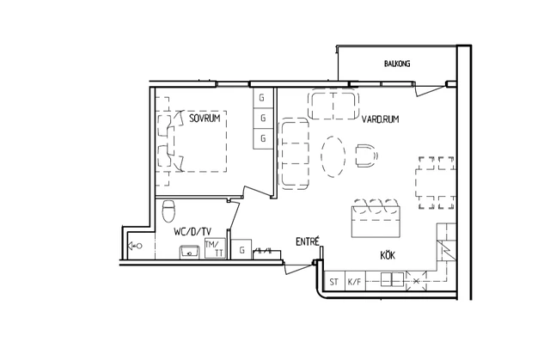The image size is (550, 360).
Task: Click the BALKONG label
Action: point(397,64)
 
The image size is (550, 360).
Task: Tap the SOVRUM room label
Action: point(205,118)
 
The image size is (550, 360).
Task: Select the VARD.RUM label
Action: point(380,119)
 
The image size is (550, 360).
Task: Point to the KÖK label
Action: point(388,255)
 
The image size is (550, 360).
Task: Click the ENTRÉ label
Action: point(308,241)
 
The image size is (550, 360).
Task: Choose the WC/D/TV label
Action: point(192,231)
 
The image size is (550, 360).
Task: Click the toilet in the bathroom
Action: point(168,211)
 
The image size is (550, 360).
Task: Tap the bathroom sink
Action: point(190,252)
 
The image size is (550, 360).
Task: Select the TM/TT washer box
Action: point(215,249)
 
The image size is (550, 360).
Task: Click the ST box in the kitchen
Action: point(334,281)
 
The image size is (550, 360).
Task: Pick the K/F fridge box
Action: point(355,281)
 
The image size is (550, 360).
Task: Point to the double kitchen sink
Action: point(392,279)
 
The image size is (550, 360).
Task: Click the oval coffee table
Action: point(333,156)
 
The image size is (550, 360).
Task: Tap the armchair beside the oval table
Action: point(367,156)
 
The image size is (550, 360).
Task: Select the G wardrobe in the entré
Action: point(241,249)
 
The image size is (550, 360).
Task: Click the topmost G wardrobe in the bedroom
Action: point(263,98)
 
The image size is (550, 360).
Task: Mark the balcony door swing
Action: point(430,90)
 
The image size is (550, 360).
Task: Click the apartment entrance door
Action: point(298,268)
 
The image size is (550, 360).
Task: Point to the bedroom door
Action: point(258,192)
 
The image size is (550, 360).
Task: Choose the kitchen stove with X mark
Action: point(416,281)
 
